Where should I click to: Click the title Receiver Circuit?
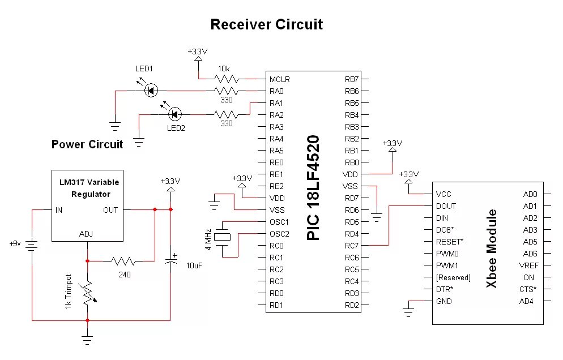[x=266, y=24]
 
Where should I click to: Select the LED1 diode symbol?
[x=151, y=90]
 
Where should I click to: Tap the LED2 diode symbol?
[x=174, y=114]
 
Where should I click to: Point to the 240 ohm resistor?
[x=123, y=261]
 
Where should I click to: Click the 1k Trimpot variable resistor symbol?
[x=87, y=292]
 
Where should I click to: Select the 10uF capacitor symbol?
[x=170, y=261]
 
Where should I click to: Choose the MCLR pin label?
[x=279, y=79]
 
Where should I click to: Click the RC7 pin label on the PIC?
[x=352, y=246]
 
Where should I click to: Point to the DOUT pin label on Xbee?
[x=446, y=206]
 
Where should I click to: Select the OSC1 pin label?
[x=279, y=222]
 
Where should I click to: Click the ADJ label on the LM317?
[x=87, y=233]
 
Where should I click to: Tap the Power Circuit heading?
[x=87, y=144]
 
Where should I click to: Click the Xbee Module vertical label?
[x=492, y=249]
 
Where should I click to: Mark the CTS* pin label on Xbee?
[x=528, y=289]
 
